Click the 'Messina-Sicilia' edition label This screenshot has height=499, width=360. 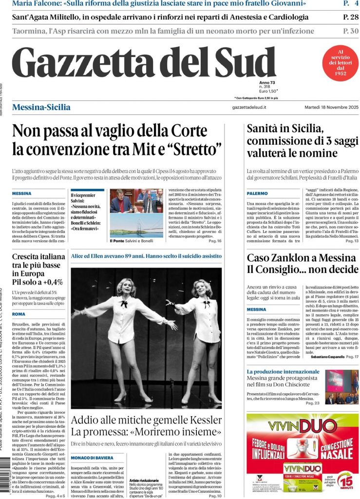(x=41, y=107)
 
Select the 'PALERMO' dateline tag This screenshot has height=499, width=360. (x=257, y=193)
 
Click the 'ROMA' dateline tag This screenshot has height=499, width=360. (x=19, y=314)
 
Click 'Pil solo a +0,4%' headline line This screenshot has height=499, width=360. (x=38, y=282)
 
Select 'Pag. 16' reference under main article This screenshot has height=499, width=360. (x=215, y=241)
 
